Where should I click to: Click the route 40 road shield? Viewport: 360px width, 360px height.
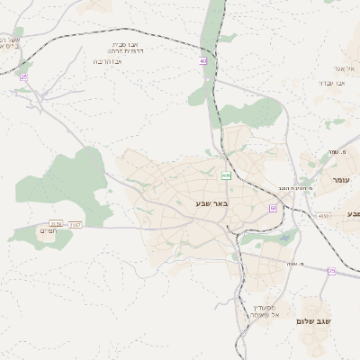203,61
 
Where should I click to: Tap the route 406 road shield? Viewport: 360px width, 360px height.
227,175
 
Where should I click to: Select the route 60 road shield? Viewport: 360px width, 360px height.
273,208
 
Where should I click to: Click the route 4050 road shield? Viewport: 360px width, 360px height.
323,216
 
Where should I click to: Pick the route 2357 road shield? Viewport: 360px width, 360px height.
76,223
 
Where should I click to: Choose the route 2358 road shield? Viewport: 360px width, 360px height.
57,223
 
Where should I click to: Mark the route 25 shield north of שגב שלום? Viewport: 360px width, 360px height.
331,270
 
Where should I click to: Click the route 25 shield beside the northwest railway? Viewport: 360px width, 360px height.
22,78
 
